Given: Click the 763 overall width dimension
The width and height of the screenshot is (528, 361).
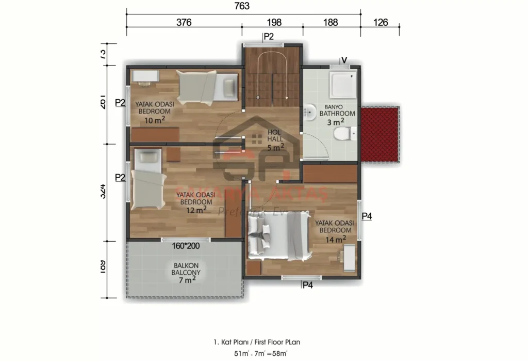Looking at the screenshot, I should click(242, 6).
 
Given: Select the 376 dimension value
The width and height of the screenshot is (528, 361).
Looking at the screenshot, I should click(184, 22).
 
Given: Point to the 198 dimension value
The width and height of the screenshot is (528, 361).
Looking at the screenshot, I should click(275, 22).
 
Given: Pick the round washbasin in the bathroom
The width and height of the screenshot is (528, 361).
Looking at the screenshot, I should click(310, 111).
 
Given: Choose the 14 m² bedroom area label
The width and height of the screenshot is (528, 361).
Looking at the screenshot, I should click(336, 239).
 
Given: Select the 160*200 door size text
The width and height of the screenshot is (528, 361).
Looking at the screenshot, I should click(186, 246).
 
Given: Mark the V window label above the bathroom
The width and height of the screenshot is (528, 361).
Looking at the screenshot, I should click(344, 60).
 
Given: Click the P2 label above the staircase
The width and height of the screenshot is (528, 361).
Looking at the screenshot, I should click(268, 36).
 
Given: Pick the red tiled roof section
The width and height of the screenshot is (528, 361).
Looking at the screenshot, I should click(380, 134).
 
